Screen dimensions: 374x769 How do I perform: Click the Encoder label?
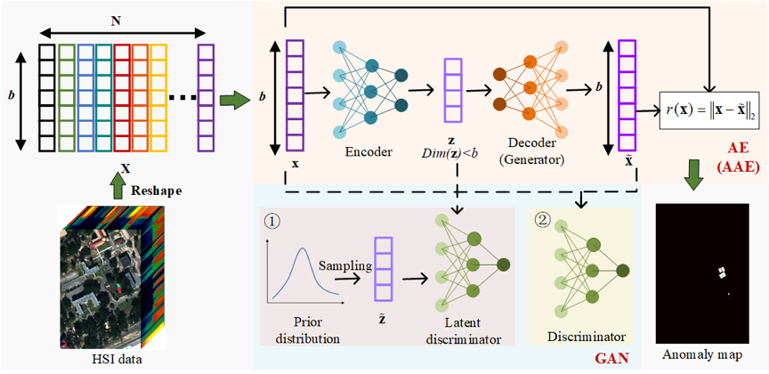coord(368,152)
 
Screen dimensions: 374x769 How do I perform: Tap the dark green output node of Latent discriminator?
coord(504,264)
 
